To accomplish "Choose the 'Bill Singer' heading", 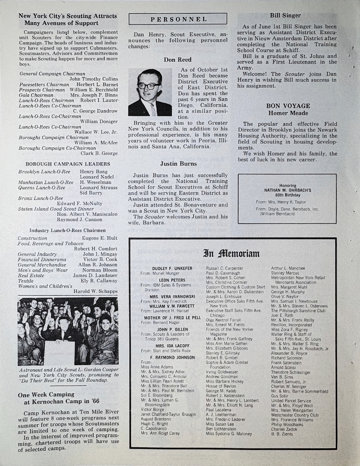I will coord(285,15).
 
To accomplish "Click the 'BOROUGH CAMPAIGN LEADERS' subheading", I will coord(68,164).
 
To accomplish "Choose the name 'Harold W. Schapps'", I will coord(96,291).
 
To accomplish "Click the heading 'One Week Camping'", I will coord(46,395).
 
